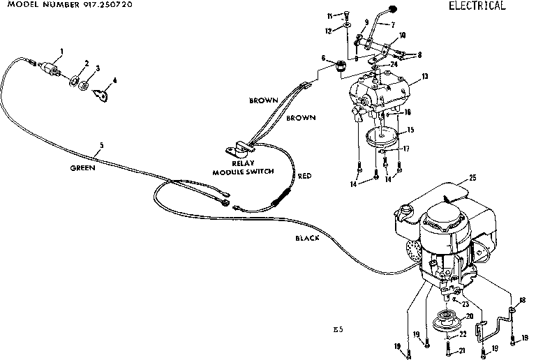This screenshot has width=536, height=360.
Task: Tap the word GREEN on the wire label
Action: (83, 168)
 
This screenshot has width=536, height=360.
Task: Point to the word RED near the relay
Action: (304, 177)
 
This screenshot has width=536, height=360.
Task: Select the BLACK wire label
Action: (306, 238)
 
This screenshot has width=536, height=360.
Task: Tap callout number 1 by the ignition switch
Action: (61, 50)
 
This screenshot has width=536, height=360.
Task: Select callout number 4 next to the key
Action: (114, 80)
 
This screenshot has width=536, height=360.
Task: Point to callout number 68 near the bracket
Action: (522, 300)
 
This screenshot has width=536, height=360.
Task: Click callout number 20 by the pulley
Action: (469, 316)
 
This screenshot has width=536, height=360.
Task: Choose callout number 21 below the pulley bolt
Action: (462, 350)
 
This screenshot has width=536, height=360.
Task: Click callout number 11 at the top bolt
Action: (339, 15)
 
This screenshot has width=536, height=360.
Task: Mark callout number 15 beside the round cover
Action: (410, 129)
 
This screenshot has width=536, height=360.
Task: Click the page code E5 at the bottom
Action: (338, 329)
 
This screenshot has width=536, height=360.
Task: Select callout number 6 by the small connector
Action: (323, 58)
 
